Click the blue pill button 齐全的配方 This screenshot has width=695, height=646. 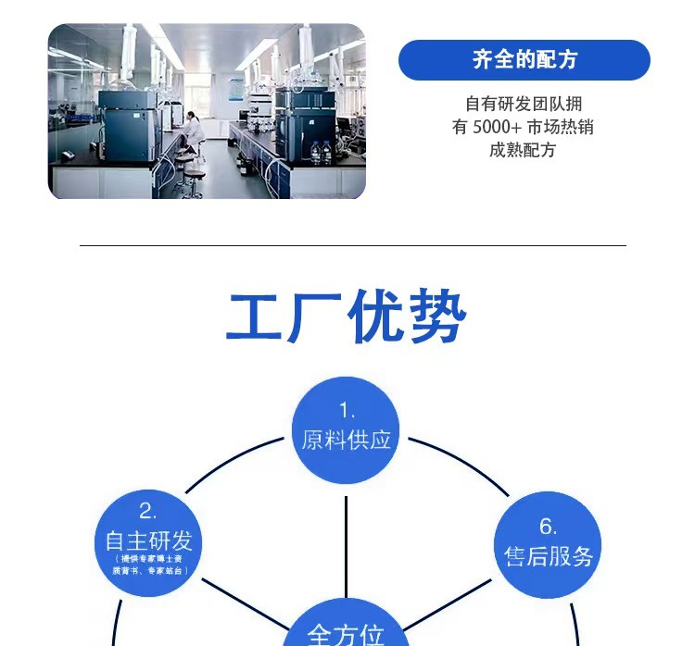(x=524, y=60)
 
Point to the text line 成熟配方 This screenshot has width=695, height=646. (x=524, y=149)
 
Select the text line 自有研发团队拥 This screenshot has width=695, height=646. (x=524, y=105)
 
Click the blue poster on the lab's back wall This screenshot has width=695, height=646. (x=234, y=90)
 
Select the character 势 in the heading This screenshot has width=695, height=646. (x=436, y=318)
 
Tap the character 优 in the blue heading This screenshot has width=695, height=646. (x=376, y=318)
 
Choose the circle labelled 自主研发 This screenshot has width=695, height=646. (x=148, y=542)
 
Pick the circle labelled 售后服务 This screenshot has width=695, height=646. (x=548, y=544)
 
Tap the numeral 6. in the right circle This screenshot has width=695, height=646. (x=548, y=527)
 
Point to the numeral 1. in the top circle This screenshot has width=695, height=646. (x=347, y=411)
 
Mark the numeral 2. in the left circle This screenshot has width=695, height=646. (x=148, y=511)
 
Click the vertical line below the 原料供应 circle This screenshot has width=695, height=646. (x=347, y=546)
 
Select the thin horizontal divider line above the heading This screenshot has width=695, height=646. (x=352, y=245)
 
